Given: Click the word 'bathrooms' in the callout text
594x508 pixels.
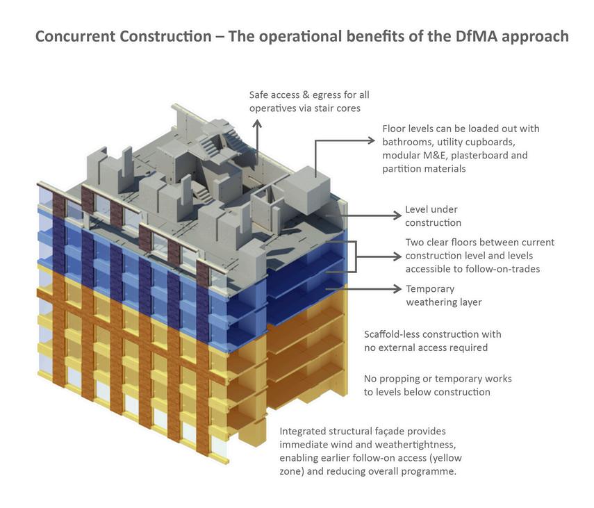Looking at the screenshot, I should click(405, 142).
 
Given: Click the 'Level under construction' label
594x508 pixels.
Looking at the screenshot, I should click(432, 215).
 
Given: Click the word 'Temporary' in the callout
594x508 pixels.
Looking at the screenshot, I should click(430, 288).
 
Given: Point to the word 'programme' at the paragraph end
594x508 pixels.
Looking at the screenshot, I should click(431, 471).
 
